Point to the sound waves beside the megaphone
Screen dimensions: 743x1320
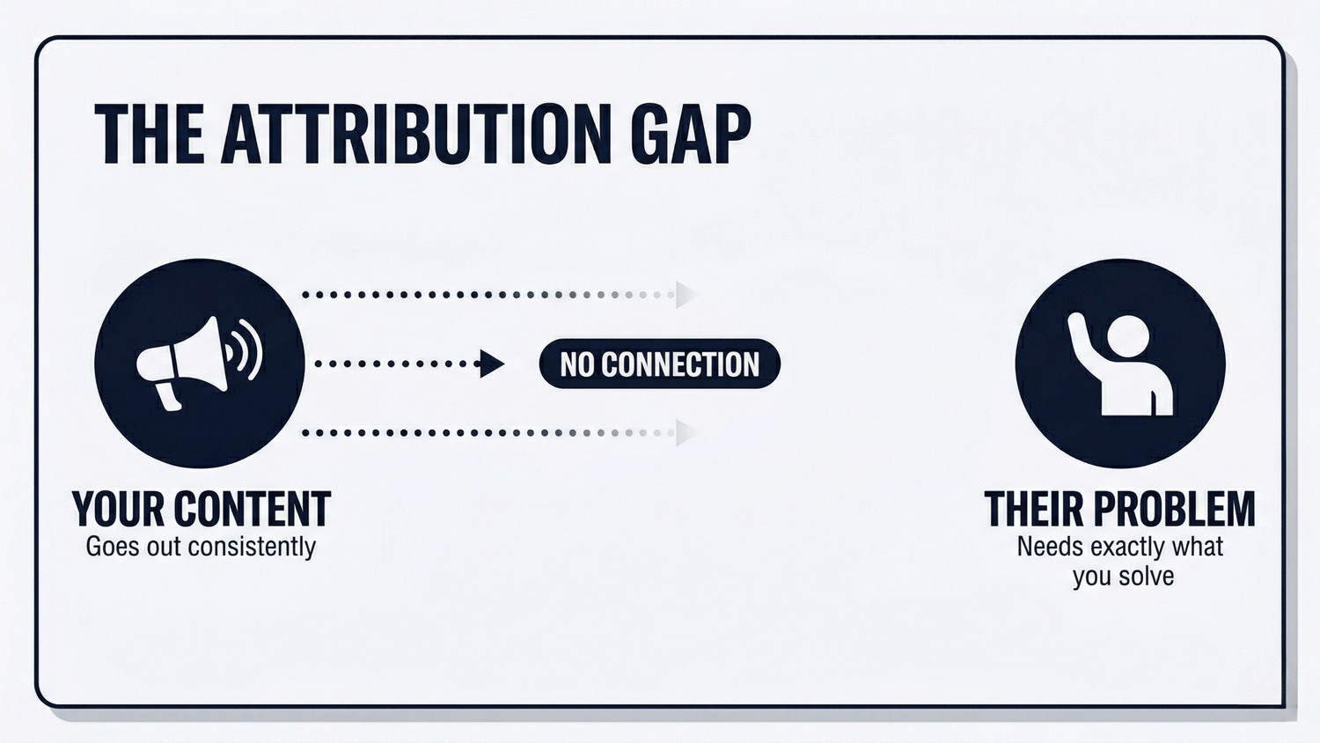click(x=244, y=349)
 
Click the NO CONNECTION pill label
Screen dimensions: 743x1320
click(x=659, y=364)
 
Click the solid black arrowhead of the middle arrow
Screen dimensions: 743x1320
click(x=492, y=364)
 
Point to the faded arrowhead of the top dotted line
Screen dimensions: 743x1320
click(x=686, y=294)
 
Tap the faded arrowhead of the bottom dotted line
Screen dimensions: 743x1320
click(x=686, y=432)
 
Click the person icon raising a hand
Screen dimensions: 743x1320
click(x=1119, y=363)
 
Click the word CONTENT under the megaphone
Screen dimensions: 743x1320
click(x=253, y=510)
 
